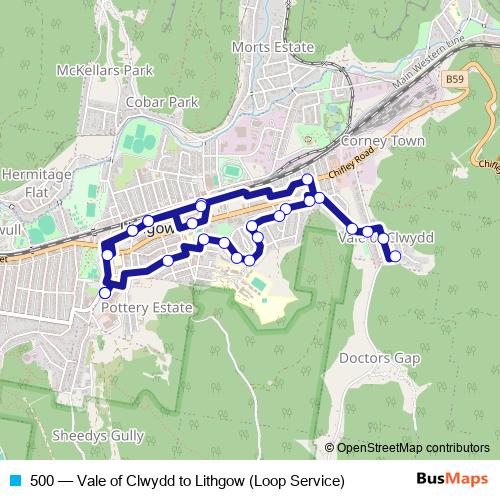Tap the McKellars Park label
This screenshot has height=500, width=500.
coord(118,70)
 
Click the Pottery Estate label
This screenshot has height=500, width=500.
coord(147,309)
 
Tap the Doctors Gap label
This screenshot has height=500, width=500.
coord(380,358)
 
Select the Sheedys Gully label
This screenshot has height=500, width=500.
coord(98,436)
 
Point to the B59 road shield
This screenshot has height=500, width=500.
coord(455,79)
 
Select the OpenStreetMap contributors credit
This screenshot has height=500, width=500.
coord(413,447)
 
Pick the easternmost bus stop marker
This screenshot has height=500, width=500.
coord(395,256)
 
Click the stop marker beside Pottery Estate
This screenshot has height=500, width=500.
coord(105,293)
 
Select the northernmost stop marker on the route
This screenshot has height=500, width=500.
coord(307,180)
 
